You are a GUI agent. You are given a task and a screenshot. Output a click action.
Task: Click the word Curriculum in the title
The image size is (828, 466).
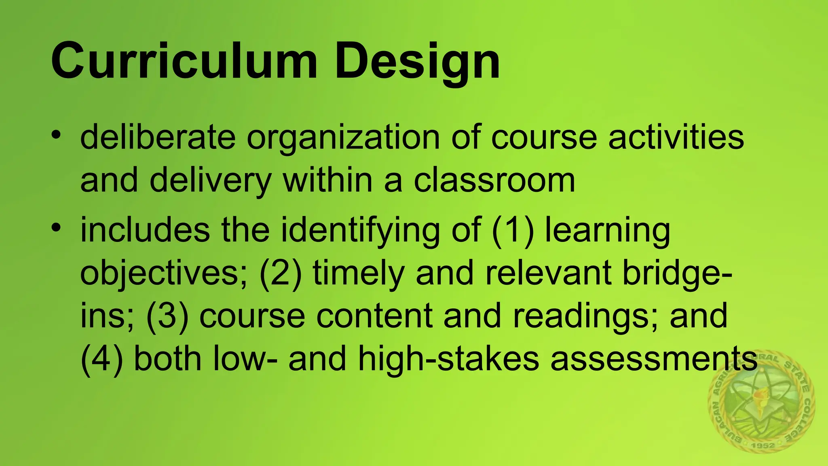point(184,61)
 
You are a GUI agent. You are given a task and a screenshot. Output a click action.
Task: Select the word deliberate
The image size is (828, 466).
point(158,138)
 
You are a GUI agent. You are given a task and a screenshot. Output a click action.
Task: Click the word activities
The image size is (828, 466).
point(676,138)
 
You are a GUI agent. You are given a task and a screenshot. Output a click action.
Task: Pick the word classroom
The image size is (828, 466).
point(494,180)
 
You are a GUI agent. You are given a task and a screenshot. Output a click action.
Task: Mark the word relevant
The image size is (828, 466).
point(548,273)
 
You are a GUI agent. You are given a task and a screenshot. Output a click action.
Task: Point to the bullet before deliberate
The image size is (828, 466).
point(56,134)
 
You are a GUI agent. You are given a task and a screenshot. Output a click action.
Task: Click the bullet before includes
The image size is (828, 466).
point(56,227)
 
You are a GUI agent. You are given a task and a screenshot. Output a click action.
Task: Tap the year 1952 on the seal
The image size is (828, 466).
point(763,445)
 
